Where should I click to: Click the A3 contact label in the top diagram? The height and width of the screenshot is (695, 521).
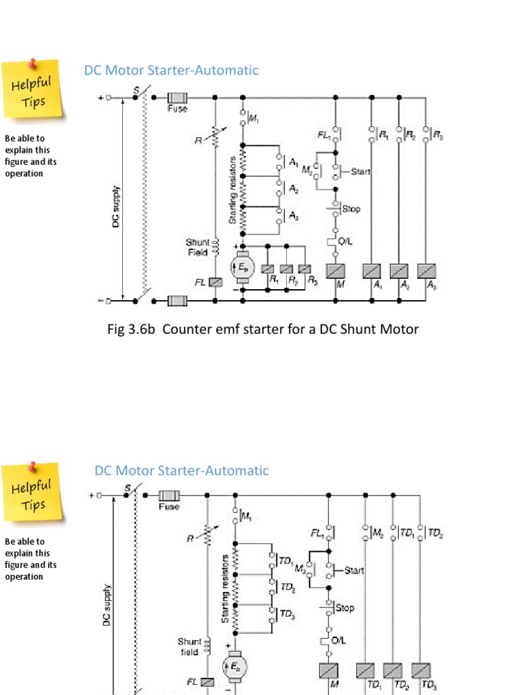[293, 215]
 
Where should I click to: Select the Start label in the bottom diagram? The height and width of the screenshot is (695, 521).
[354, 570]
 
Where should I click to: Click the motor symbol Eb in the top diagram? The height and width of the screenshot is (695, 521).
[242, 267]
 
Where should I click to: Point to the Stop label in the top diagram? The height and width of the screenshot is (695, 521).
[351, 208]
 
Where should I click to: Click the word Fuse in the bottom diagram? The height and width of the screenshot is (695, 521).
[169, 506]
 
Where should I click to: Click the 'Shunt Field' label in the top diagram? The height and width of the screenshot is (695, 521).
[198, 246]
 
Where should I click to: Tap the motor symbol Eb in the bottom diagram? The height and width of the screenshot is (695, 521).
[234, 667]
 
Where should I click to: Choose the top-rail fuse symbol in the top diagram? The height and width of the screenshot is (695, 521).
[178, 97]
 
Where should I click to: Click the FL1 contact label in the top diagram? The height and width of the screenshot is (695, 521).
[324, 136]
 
